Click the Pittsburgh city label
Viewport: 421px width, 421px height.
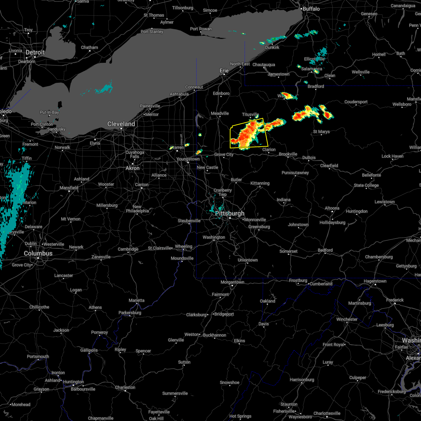[x=230, y=213]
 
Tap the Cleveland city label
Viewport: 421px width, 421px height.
[x=121, y=124]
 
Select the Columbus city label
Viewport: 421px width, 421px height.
[x=38, y=253]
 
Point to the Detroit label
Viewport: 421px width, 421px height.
[x=35, y=52]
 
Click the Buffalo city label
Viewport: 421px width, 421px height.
[x=311, y=8]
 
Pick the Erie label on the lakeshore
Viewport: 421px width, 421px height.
[x=224, y=71]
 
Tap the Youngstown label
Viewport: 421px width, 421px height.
[x=188, y=159]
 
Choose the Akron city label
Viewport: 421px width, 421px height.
[x=133, y=168]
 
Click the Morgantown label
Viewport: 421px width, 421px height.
[x=232, y=282]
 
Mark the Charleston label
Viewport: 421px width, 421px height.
[x=125, y=387]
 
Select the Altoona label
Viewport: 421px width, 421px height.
[x=332, y=208]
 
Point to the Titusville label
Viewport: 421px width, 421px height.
[x=250, y=115]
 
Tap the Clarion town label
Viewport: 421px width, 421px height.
[x=269, y=149]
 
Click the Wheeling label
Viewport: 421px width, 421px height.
[x=183, y=246]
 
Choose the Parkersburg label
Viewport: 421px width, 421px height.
[x=130, y=313]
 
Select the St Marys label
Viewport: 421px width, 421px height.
[x=321, y=132]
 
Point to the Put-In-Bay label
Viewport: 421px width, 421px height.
[x=49, y=112]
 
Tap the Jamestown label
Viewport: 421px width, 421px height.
[x=279, y=74]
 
